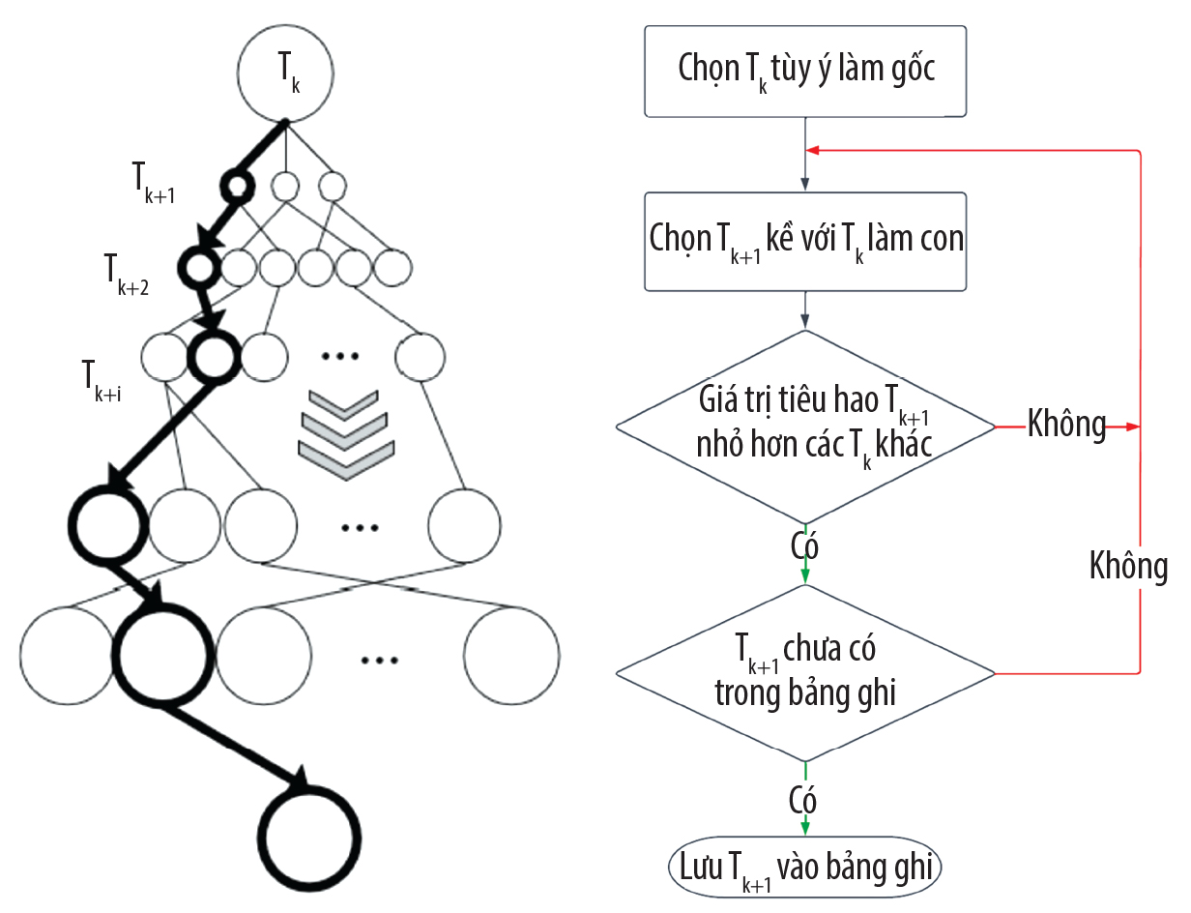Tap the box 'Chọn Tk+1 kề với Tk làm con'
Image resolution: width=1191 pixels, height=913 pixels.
(805, 241)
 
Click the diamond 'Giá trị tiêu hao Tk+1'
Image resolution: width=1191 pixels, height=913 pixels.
(805, 427)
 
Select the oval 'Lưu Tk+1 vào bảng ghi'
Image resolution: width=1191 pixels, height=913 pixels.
(805, 867)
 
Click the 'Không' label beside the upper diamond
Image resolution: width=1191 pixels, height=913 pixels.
(1066, 426)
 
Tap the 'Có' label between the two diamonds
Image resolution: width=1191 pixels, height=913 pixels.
(805, 547)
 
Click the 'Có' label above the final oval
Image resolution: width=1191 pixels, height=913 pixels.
(802, 802)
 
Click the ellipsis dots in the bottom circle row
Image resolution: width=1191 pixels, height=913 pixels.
(380, 661)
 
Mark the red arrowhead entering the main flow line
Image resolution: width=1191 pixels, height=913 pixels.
(815, 151)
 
